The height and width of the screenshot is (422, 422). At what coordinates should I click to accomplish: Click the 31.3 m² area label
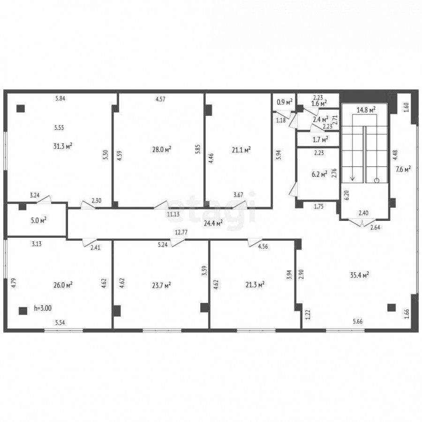(x=63, y=146)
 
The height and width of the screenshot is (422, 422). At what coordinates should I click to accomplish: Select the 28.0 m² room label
(x=162, y=150)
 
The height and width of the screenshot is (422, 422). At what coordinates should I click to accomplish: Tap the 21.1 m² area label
(x=241, y=150)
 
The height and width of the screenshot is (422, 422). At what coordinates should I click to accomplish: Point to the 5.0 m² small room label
(x=39, y=221)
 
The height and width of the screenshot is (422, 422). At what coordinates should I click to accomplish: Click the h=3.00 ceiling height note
(x=43, y=308)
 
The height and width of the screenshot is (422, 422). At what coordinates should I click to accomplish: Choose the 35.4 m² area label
(x=359, y=275)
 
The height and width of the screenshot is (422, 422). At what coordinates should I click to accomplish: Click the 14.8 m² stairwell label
(x=366, y=110)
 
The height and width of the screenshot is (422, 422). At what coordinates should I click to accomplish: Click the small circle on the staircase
(x=377, y=181)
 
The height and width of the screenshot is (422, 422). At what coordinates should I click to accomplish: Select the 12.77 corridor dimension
(x=181, y=232)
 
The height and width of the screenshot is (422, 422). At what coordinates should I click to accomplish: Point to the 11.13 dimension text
(x=173, y=214)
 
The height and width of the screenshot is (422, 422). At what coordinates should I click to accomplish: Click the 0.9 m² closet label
(x=285, y=102)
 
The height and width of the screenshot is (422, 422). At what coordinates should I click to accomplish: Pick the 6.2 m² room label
(x=319, y=174)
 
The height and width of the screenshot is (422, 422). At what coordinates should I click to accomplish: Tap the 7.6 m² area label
(x=403, y=169)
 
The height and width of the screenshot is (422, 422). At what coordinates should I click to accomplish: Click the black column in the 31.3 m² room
(x=21, y=108)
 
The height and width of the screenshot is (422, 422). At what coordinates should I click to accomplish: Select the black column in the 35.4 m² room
(x=392, y=307)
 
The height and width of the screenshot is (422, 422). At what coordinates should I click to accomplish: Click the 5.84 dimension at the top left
(x=60, y=98)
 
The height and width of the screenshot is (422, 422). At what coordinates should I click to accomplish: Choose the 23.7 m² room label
(x=161, y=285)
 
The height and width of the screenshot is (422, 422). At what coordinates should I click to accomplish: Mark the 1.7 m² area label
(x=320, y=139)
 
